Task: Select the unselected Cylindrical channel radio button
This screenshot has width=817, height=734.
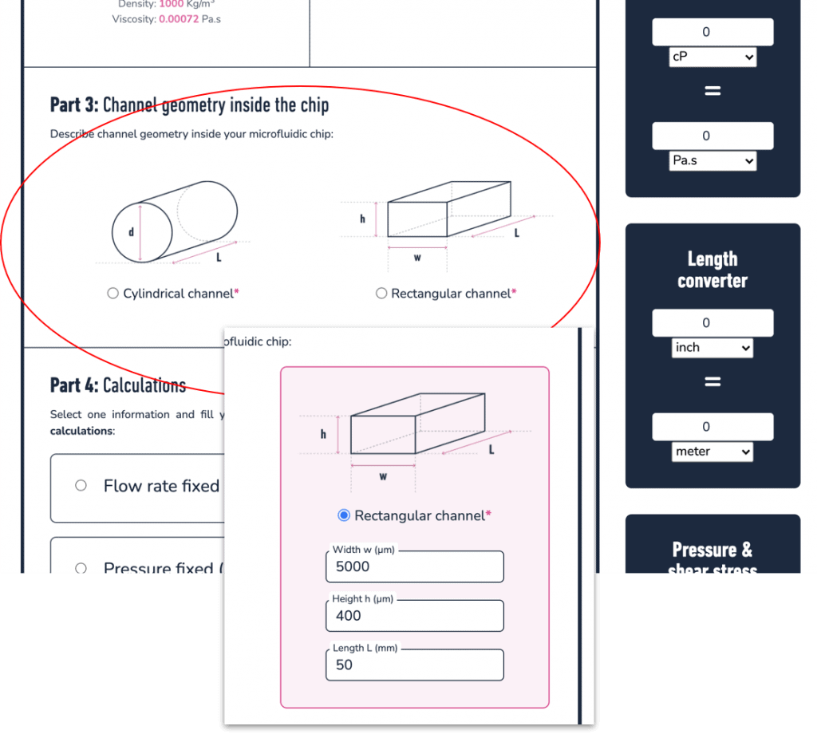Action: coord(113,294)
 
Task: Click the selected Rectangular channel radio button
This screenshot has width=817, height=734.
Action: coord(344,515)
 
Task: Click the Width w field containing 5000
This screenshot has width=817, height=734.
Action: coord(414,566)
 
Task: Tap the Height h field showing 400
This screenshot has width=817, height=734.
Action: coord(414,615)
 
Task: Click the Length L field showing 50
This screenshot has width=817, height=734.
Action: coord(414,665)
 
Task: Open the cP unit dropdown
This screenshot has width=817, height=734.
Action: coord(712,57)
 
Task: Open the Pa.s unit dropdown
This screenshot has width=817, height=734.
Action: coord(712,161)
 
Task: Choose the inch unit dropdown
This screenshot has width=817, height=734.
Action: coord(712,348)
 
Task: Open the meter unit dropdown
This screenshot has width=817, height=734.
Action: coord(712,452)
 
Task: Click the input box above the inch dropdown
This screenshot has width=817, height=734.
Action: coord(712,323)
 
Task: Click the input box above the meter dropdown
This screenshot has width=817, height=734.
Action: coord(712,427)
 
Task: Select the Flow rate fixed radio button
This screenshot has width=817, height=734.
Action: coord(81,485)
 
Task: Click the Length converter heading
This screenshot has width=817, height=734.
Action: coord(712,270)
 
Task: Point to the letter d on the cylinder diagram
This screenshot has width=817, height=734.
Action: coord(132,232)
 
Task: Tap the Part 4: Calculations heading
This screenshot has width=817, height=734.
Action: coord(118,385)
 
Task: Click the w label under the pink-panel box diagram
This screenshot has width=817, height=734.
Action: coord(383,476)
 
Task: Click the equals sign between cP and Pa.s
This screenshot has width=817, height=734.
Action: coord(712,91)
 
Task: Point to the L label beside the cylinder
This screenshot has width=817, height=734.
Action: coord(219,258)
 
